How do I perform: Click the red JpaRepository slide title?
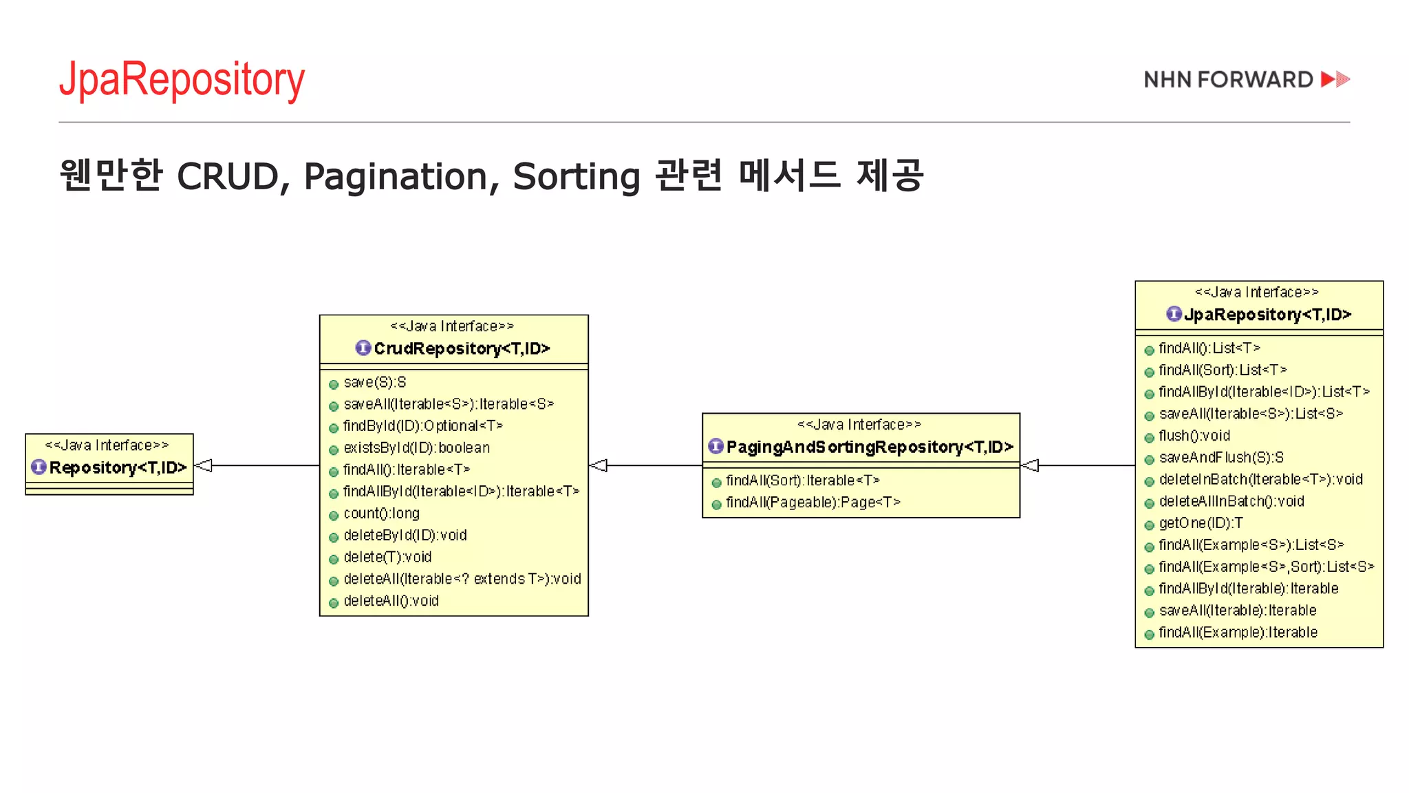(x=182, y=80)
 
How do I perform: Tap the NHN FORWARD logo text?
(x=1228, y=80)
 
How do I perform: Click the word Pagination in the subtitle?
(x=396, y=176)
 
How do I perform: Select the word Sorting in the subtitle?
(x=577, y=176)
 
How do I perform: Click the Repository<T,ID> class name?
(x=118, y=468)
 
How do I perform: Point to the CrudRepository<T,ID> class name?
(x=462, y=349)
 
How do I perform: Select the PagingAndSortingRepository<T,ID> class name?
(x=870, y=447)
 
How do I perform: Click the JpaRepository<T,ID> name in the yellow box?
(x=1267, y=315)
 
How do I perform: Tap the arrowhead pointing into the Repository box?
(x=204, y=466)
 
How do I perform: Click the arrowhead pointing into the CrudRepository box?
(x=599, y=466)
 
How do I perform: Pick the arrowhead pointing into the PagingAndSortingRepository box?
(x=1030, y=466)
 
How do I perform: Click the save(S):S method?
(x=375, y=383)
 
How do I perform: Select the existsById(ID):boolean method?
(x=416, y=448)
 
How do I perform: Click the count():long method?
(x=381, y=514)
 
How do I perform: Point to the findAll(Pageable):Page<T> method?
(x=813, y=503)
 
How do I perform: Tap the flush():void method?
(x=1194, y=436)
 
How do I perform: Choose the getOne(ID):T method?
(x=1201, y=523)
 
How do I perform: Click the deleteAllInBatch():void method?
(x=1231, y=501)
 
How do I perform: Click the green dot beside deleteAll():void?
(x=334, y=603)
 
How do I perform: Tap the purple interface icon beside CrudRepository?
(x=363, y=348)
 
